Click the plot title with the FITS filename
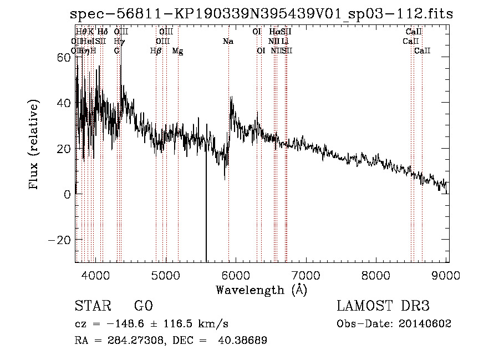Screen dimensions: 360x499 point(262,14)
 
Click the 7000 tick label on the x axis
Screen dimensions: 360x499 point(307,275)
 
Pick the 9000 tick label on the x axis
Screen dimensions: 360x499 point(447,275)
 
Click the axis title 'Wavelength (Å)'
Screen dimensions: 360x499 point(261,290)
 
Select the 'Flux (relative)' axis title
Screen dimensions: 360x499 point(34,145)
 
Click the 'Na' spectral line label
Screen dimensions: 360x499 point(228,42)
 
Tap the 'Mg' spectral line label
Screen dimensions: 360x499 point(177,51)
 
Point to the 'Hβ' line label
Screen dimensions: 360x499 point(156,51)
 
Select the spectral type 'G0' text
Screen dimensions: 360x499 point(143,306)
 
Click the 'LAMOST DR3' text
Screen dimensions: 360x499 point(383,306)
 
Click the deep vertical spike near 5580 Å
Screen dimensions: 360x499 point(206,222)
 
